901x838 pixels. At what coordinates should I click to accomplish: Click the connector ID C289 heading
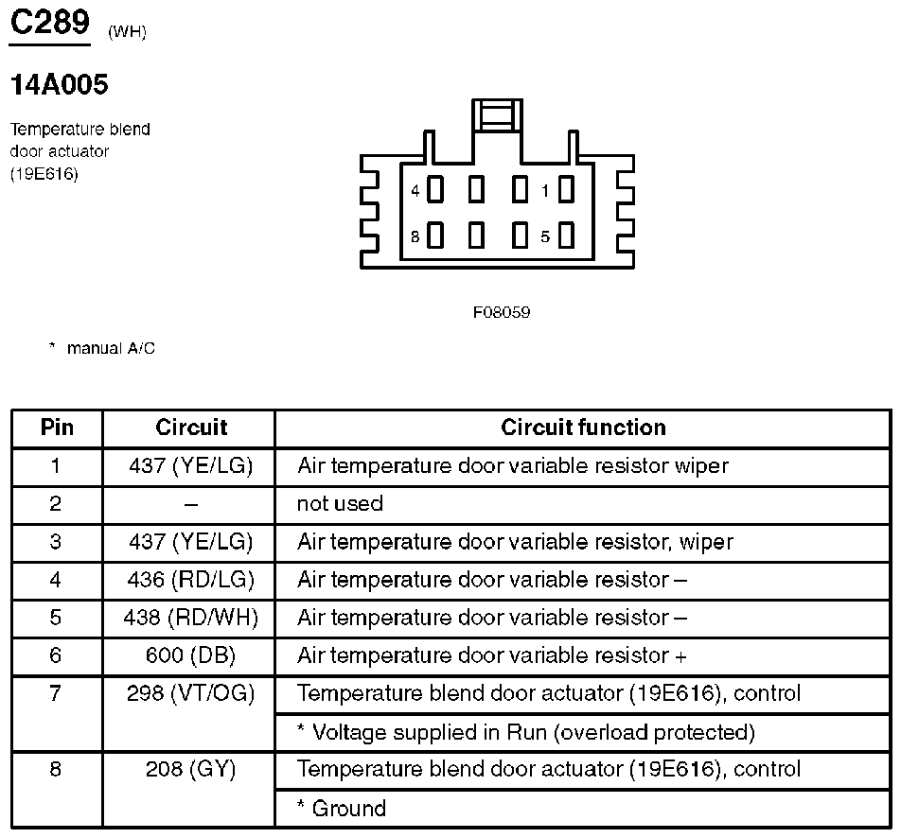pos(49,23)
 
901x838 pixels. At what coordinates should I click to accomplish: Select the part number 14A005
pos(59,85)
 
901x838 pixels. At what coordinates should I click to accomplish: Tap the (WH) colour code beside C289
pos(127,33)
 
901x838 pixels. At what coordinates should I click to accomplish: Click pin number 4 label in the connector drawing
pos(415,191)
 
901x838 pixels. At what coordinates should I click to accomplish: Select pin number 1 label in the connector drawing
pos(545,191)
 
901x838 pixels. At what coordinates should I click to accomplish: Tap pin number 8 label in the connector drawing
pos(415,236)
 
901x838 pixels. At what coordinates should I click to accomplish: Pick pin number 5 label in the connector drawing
pos(545,236)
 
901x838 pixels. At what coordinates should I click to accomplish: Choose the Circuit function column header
pos(583,428)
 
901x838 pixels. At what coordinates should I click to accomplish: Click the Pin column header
pos(57,428)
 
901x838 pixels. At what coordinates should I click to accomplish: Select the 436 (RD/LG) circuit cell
pos(190,580)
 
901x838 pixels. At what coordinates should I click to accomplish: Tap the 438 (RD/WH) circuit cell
pos(190,618)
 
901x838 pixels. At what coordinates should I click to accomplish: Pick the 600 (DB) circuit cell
pos(190,655)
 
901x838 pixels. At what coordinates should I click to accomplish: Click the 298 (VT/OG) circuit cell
pos(190,693)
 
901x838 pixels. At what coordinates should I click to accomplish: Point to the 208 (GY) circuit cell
pos(190,770)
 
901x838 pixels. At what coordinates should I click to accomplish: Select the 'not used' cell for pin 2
pos(340,504)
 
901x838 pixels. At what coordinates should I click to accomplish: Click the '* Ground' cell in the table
pos(342,809)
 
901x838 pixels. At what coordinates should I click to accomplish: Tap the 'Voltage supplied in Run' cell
pos(526,732)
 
